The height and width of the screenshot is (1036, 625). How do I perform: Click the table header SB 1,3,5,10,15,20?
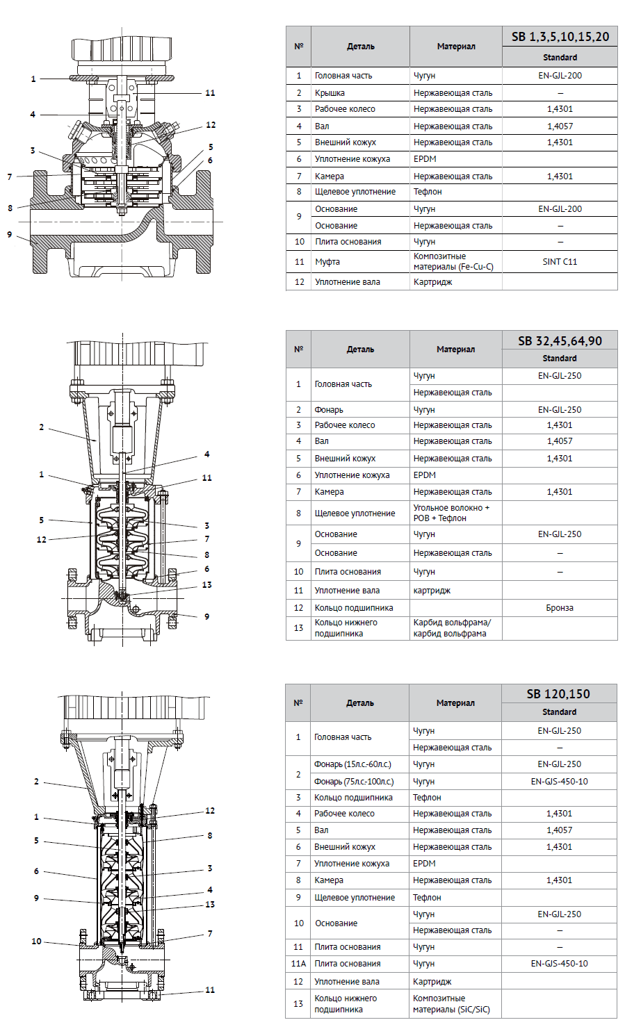pos(560,37)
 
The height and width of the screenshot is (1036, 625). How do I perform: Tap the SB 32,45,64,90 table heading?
pos(560,340)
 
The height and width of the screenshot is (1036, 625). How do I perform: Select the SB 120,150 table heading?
pos(558,693)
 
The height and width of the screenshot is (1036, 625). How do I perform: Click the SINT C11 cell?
pos(560,262)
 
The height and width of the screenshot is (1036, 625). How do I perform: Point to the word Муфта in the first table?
pos(327,262)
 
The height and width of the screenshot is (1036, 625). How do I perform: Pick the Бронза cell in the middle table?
pos(560,607)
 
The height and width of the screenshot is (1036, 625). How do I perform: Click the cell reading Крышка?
pos(330,92)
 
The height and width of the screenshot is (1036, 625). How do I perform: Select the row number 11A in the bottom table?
pos(298,964)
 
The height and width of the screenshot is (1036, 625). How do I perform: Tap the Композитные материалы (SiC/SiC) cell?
pos(451,1003)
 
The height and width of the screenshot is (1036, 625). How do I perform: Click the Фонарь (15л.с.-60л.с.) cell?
pos(352,764)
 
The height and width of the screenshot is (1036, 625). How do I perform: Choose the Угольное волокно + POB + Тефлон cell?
pos(451,513)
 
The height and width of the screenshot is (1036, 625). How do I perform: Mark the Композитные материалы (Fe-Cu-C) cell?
pos(453,261)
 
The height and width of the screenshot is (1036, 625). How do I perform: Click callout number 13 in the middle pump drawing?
pos(206,585)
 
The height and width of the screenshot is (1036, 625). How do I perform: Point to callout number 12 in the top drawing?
pos(211,125)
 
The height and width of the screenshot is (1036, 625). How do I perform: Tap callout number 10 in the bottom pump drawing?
pos(36,942)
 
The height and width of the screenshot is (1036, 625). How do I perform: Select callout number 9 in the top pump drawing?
pos(10,235)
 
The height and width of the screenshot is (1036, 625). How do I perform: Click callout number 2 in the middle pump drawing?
pos(42,427)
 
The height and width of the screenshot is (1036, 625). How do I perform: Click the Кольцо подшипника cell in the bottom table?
pos(353,798)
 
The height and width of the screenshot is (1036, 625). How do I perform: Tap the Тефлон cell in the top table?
pos(428,192)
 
